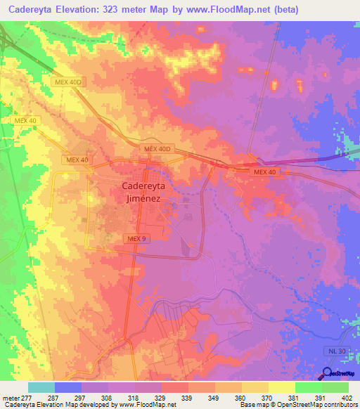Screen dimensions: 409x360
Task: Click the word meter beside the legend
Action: coord(8,397)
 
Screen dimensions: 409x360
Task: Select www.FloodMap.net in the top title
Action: coord(226,9)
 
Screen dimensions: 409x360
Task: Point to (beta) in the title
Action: coord(285,9)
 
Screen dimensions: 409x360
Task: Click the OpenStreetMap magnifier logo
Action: coord(328,374)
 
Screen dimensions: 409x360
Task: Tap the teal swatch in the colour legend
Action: coord(41,387)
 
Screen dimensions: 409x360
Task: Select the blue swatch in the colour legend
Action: coord(68,387)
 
